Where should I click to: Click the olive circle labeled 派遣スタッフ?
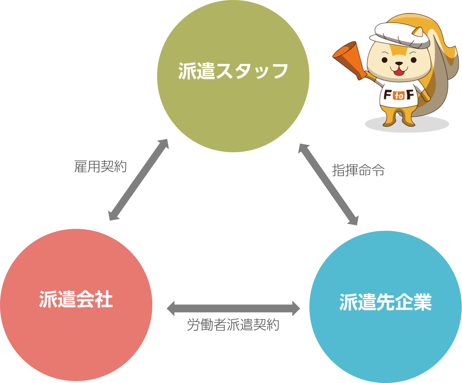click(x=233, y=105)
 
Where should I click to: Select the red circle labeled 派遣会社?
click(x=76, y=334)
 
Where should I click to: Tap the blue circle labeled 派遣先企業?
click(x=385, y=337)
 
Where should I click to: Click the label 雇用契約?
click(x=100, y=167)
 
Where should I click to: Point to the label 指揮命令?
click(x=358, y=171)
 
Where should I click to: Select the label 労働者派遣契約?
click(x=233, y=325)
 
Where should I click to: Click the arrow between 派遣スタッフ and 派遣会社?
click(x=138, y=180)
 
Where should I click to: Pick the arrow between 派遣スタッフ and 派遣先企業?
click(x=328, y=184)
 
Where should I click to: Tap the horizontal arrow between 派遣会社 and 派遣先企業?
click(x=233, y=308)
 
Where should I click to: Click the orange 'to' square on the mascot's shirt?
click(x=399, y=95)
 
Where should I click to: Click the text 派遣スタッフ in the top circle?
click(x=233, y=71)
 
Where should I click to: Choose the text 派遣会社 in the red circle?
click(x=76, y=299)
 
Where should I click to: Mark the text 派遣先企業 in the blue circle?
click(x=385, y=302)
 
